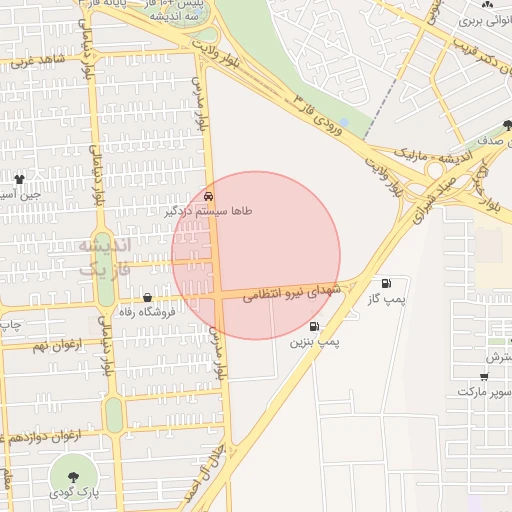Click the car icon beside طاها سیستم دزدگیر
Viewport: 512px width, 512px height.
pos(208,196)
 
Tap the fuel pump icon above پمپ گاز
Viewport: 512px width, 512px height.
pos(387,285)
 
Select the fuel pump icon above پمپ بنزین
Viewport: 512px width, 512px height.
pos(315,326)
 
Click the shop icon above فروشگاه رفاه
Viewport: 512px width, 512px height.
pos(148,297)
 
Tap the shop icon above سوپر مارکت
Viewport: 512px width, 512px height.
pos(485,377)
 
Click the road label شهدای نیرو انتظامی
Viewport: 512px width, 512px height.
pos(295,291)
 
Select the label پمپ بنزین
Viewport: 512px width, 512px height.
pos(315,342)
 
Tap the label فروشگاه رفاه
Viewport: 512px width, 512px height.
pos(146,312)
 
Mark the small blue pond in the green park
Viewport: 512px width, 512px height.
pos(344,122)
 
